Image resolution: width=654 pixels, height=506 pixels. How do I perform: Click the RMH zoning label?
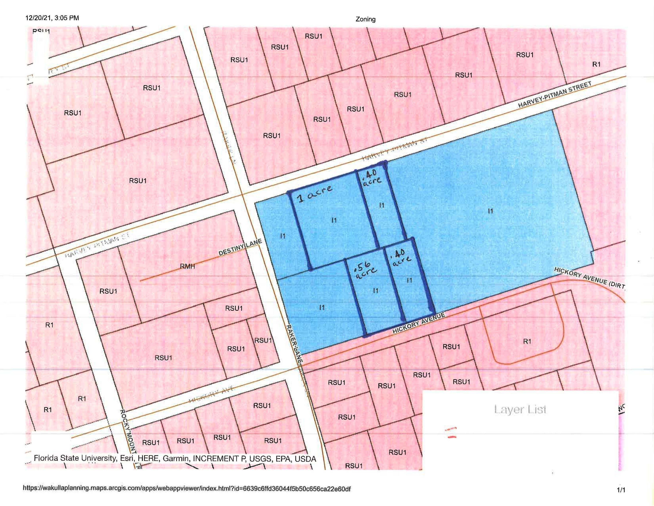(x=187, y=266)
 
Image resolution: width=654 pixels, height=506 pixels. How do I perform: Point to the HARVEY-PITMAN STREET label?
(x=555, y=95)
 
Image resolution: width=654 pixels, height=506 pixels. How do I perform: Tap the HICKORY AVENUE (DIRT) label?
(x=589, y=278)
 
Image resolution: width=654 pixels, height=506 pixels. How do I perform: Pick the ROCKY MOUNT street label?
(x=128, y=432)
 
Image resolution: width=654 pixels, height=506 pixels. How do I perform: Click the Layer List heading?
(x=520, y=409)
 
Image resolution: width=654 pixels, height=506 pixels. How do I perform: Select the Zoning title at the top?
(x=365, y=19)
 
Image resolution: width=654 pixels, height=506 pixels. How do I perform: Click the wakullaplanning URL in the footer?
(x=186, y=489)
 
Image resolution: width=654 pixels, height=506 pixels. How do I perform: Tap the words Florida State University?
(x=75, y=458)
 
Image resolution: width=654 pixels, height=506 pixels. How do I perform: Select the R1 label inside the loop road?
(x=527, y=341)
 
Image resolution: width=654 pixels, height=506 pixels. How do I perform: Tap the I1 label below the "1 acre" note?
(x=334, y=220)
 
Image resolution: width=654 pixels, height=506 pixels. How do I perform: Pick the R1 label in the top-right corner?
(x=596, y=64)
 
